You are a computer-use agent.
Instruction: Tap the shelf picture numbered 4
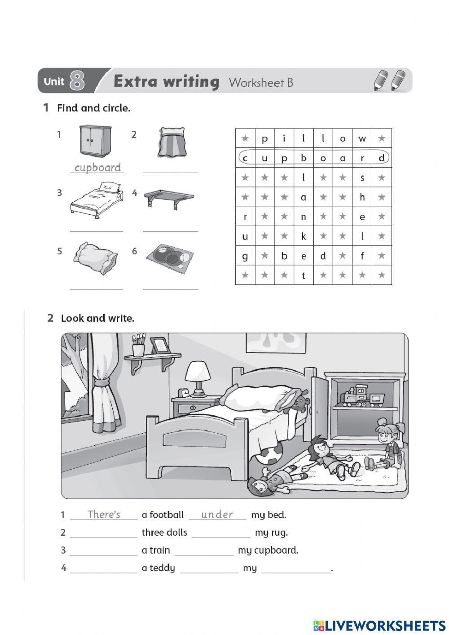click(169, 199)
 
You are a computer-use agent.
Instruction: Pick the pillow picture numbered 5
click(96, 258)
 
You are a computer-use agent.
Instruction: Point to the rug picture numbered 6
click(170, 258)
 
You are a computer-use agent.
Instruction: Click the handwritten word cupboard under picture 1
click(97, 168)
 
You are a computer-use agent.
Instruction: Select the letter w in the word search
click(362, 138)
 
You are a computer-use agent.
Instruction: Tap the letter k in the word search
click(304, 236)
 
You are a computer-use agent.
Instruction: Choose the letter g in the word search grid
click(245, 256)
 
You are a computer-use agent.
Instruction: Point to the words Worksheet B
click(261, 82)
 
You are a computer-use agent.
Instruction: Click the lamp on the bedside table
click(198, 378)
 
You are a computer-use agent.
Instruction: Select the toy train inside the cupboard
click(362, 396)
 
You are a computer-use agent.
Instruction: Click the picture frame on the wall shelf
click(159, 346)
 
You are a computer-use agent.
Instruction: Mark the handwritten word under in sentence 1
click(217, 515)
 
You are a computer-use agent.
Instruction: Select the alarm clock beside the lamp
click(184, 393)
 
